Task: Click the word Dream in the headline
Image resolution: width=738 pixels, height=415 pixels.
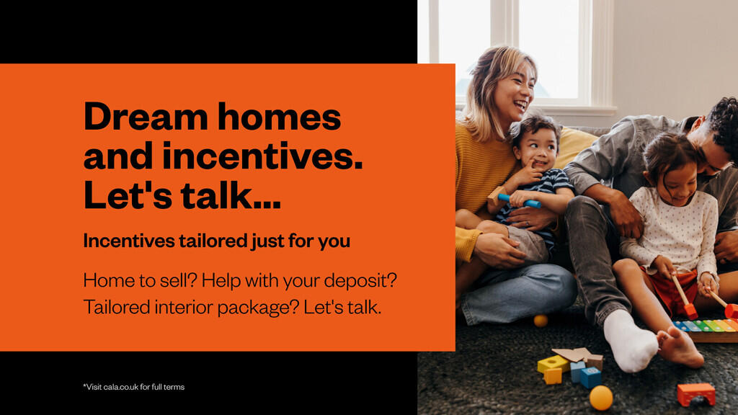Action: click(146, 116)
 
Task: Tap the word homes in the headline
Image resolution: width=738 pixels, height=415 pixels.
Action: click(279, 116)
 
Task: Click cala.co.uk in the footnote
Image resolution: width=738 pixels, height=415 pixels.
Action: click(121, 387)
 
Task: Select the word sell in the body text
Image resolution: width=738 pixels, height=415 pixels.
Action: click(174, 280)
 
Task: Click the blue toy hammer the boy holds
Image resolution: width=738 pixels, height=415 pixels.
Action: click(519, 201)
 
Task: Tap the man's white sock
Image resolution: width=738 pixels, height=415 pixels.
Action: click(628, 341)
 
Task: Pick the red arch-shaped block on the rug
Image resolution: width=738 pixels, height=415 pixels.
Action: click(695, 394)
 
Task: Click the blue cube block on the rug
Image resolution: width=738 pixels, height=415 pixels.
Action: click(590, 377)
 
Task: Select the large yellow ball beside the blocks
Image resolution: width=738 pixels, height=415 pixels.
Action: click(601, 398)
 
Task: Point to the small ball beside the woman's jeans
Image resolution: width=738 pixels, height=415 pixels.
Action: click(541, 321)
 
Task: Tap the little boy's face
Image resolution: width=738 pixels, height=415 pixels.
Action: click(538, 148)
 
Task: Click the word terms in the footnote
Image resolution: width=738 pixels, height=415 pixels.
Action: click(174, 387)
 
